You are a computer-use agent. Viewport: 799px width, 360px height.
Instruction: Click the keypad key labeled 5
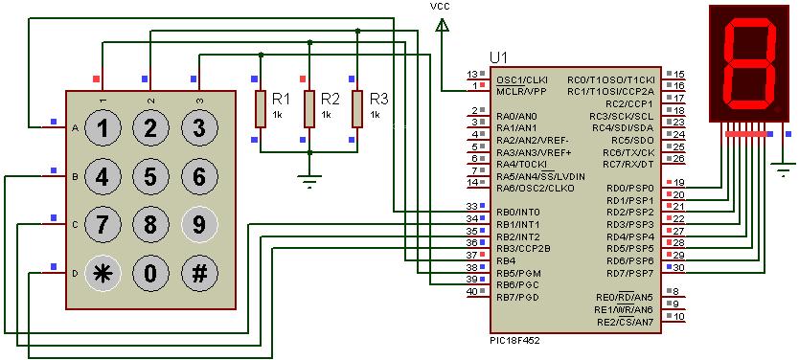pos(150,176)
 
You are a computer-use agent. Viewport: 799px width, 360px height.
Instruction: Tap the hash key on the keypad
pos(198,273)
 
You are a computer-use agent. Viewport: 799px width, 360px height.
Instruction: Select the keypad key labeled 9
pos(198,225)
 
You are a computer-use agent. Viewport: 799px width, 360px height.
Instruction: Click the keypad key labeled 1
pos(103,127)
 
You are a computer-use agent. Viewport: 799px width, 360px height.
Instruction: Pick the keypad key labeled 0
pos(150,273)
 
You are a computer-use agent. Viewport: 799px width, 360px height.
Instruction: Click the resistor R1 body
pos(260,108)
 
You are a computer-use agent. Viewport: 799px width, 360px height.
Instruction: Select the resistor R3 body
pos(357,108)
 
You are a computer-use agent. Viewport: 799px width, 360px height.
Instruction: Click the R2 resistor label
pos(330,99)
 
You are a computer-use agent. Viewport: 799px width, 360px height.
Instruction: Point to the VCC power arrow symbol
pos(441,29)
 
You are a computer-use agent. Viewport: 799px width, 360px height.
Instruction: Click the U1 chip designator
pos(498,57)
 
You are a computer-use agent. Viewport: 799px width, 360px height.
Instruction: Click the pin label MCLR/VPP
pos(520,91)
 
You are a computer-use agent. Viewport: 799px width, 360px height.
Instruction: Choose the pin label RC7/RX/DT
pos(628,164)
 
